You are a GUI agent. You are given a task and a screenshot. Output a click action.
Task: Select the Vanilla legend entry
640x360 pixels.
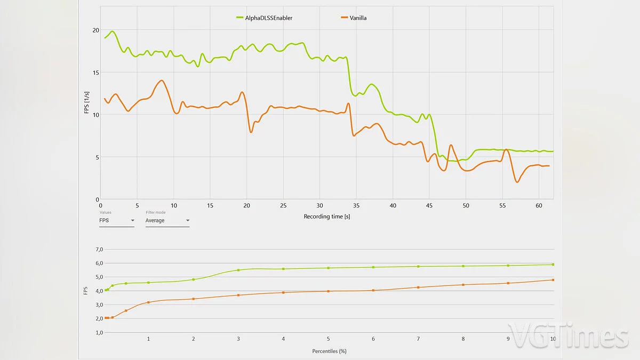pos(357,18)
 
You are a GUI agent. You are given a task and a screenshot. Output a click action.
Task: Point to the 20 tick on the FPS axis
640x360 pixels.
pos(95,30)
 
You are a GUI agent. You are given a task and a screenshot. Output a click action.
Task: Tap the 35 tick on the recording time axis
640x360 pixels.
pos(356,205)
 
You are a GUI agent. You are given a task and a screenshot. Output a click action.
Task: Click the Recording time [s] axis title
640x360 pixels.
pos(327,217)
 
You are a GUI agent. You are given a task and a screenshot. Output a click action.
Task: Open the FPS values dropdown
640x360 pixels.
pos(116,220)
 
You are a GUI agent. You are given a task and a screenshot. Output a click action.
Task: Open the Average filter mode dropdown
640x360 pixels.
pos(167,220)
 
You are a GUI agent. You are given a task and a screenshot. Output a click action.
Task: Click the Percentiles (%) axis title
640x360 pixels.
pos(330,351)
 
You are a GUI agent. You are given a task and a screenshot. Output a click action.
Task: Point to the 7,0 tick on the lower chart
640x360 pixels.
pos(99,250)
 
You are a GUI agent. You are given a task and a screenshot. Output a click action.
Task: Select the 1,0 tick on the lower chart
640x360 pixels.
pos(99,333)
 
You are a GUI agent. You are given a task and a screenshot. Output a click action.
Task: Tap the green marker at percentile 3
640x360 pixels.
pos(238,270)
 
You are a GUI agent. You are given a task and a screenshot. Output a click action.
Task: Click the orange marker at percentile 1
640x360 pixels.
pos(148,302)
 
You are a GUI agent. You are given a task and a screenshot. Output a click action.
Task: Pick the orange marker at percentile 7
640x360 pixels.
pos(418,287)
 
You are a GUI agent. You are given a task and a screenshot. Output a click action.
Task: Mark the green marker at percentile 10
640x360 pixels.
pos(553,264)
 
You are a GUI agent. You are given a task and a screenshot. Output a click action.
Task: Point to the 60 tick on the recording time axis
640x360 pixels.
pos(539,205)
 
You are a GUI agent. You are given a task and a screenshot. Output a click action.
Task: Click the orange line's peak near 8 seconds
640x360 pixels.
pos(162,81)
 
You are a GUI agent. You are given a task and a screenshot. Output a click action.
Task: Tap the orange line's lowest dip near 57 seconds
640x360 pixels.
pos(517,182)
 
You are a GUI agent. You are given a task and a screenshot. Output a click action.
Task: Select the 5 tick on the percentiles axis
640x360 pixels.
pos(328,339)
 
